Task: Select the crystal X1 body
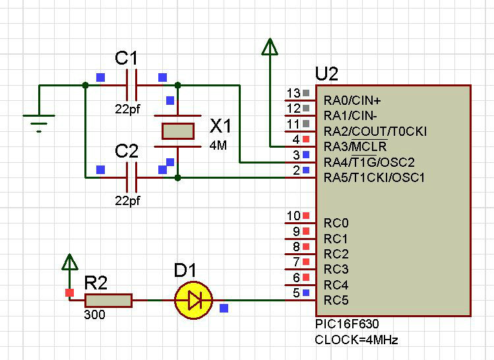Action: tap(177, 131)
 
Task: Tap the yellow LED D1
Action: tap(193, 301)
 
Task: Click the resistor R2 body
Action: tap(109, 301)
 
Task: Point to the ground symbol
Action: tap(39, 121)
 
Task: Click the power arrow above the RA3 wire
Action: tap(269, 47)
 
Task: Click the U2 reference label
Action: tap(327, 73)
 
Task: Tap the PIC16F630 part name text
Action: tap(348, 324)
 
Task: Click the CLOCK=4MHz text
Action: tap(357, 340)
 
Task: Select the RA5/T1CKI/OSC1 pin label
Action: tap(374, 177)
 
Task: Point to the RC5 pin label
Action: tap(336, 301)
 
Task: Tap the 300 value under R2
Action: tap(94, 315)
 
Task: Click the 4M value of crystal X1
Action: tap(218, 145)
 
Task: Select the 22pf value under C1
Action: tap(127, 109)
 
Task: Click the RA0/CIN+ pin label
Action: tap(352, 100)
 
